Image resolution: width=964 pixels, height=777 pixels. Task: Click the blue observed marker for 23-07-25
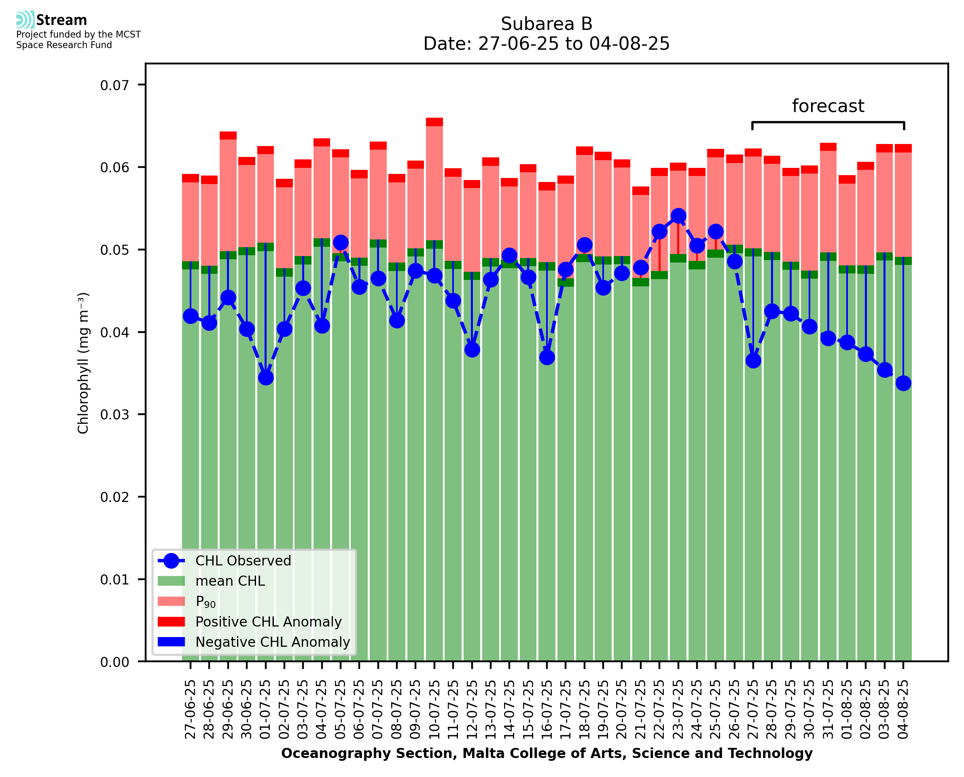coord(678,216)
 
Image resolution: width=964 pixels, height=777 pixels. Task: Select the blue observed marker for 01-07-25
coord(266,378)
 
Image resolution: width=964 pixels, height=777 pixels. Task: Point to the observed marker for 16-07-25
coord(547,357)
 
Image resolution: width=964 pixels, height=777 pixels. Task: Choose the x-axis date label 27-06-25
coord(191,709)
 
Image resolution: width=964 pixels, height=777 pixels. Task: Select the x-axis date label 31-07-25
coord(828,709)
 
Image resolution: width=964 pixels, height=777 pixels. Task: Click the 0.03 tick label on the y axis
coord(114,415)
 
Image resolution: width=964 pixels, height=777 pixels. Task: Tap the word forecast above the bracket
coord(828,106)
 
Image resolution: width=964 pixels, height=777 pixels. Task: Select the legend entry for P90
coord(206,601)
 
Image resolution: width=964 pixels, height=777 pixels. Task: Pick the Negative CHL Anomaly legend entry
coord(273,642)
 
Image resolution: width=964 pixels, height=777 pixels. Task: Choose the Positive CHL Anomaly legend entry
coord(269,622)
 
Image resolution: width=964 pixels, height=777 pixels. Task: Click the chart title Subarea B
coord(547,24)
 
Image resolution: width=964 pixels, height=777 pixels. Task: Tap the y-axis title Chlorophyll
coord(83,362)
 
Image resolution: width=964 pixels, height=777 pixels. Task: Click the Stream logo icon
coord(25,20)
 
